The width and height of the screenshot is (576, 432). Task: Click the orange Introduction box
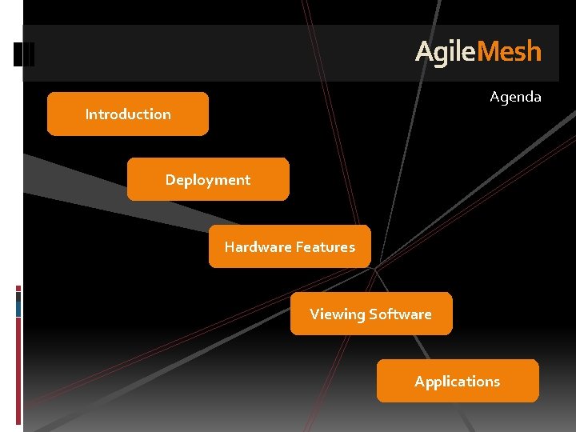(x=128, y=114)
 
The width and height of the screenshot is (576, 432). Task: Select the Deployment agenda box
(x=208, y=179)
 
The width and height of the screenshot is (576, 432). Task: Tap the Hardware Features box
(x=290, y=246)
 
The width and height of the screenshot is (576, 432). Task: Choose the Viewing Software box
(x=370, y=314)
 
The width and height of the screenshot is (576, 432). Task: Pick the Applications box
(x=457, y=381)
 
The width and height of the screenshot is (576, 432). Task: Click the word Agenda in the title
(x=515, y=97)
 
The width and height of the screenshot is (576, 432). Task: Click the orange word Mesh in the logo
(x=509, y=53)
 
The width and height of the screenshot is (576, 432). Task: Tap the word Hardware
(x=258, y=246)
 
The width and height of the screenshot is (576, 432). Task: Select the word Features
(x=325, y=246)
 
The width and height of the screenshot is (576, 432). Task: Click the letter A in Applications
(x=419, y=382)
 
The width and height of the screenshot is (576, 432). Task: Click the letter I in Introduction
(x=87, y=114)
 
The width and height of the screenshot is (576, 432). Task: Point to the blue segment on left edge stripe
(x=18, y=304)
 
